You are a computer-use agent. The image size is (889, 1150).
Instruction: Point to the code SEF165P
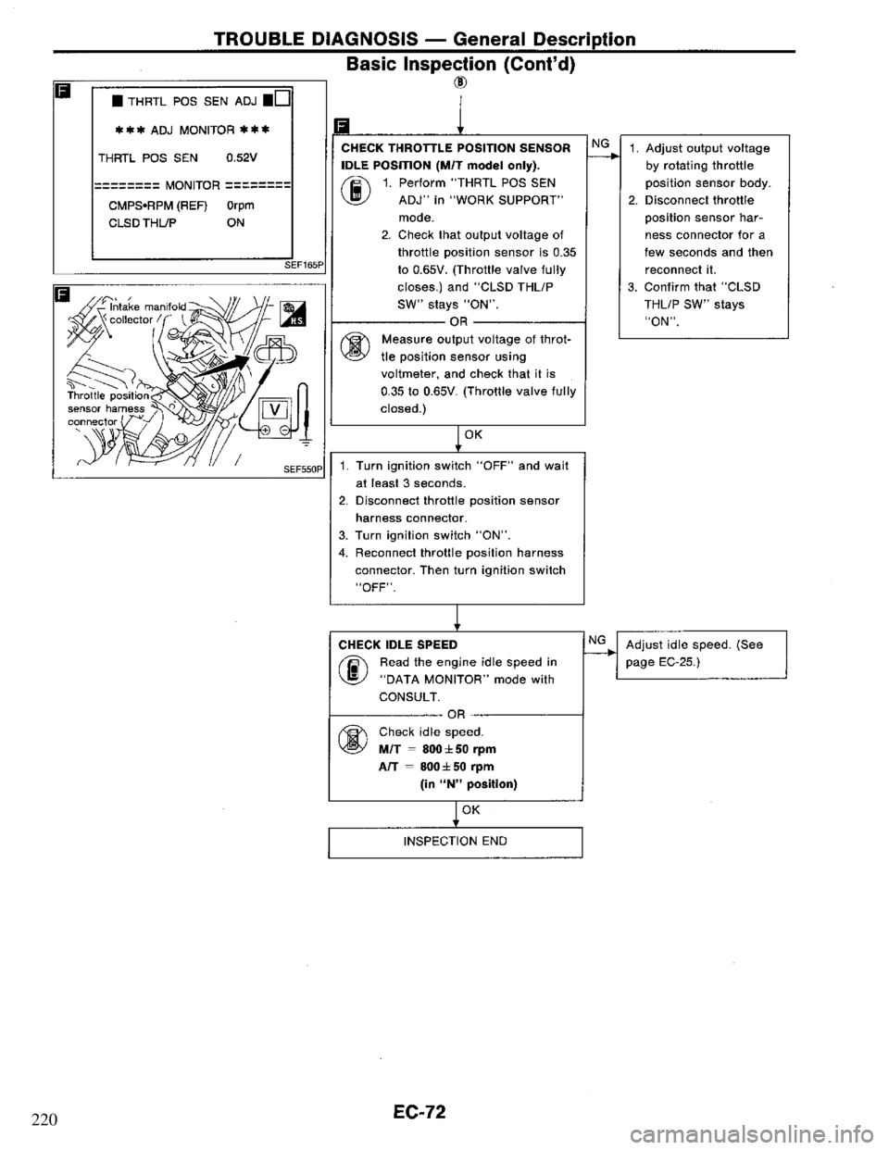pos(307,265)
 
